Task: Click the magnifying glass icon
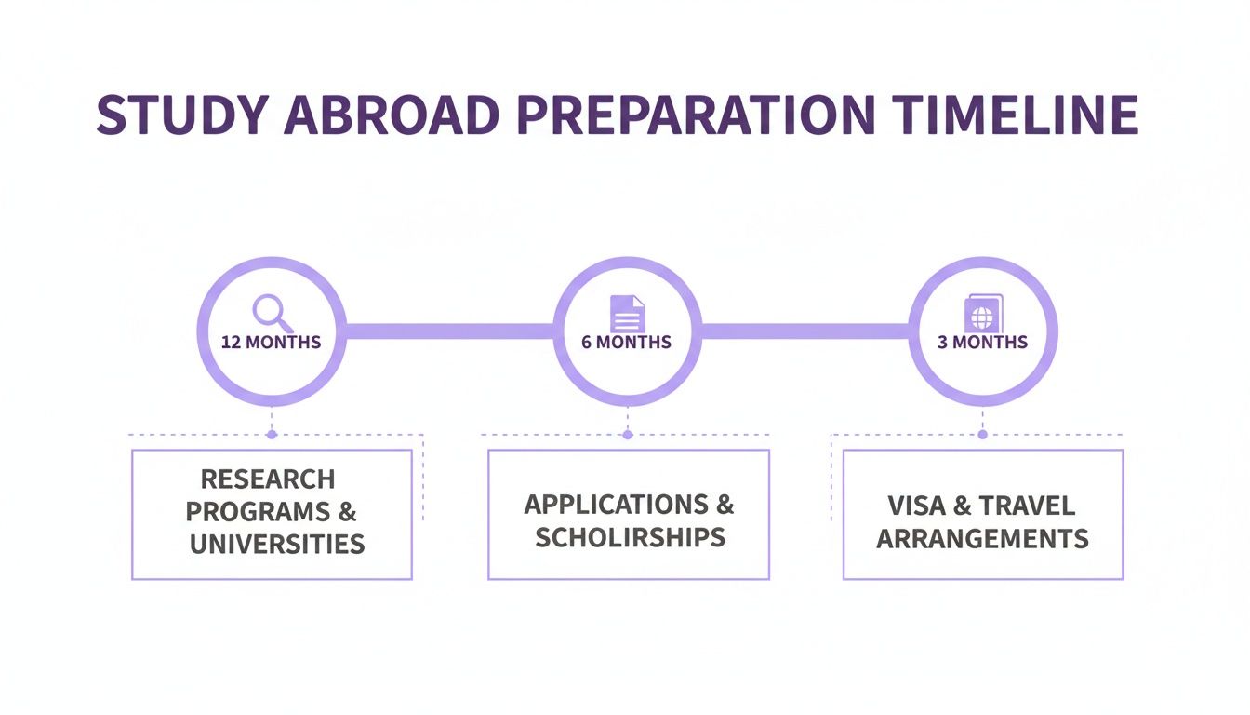[x=270, y=310]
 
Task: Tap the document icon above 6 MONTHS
[x=627, y=313]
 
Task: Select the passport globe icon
[x=982, y=313]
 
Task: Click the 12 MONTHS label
[x=271, y=342]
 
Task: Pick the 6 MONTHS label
[x=626, y=342]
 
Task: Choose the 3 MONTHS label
[x=982, y=342]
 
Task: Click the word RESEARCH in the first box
[x=268, y=479]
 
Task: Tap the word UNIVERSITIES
[x=277, y=544]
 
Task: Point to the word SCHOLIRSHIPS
[x=630, y=537]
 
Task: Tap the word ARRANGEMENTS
[x=982, y=538]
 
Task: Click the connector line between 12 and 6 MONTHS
[x=449, y=331]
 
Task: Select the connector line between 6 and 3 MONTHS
[x=805, y=331]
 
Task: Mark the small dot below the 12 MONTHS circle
[x=271, y=435]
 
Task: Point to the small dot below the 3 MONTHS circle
[x=982, y=435]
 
